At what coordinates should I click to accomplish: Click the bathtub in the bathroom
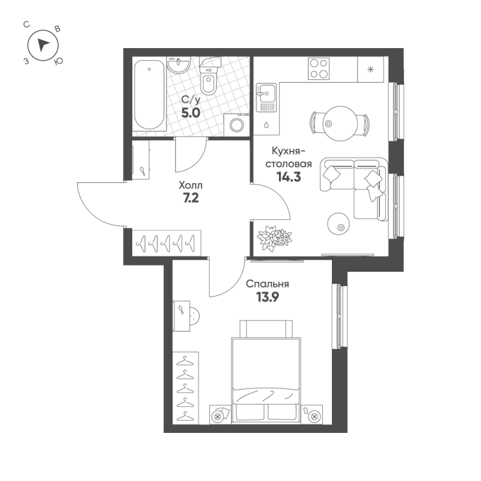click(149, 95)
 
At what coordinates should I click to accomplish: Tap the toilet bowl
click(209, 79)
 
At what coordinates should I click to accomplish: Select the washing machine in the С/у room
click(236, 125)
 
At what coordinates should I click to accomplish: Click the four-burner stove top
click(319, 69)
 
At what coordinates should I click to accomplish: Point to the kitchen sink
click(266, 97)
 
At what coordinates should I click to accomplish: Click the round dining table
click(340, 124)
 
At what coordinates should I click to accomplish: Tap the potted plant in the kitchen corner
click(274, 238)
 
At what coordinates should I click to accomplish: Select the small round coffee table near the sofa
click(339, 223)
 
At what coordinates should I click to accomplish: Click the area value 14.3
click(289, 177)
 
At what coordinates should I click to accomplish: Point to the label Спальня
click(268, 284)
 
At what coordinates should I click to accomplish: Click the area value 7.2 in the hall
click(191, 198)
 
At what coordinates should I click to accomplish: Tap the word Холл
click(191, 186)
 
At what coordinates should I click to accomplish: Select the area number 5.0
click(191, 113)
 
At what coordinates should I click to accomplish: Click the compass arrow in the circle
click(43, 44)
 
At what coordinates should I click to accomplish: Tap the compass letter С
click(26, 25)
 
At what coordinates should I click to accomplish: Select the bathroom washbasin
click(179, 65)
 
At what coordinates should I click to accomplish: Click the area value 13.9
click(268, 297)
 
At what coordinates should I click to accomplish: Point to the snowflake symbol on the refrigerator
click(370, 70)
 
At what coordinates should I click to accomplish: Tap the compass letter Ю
click(58, 61)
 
